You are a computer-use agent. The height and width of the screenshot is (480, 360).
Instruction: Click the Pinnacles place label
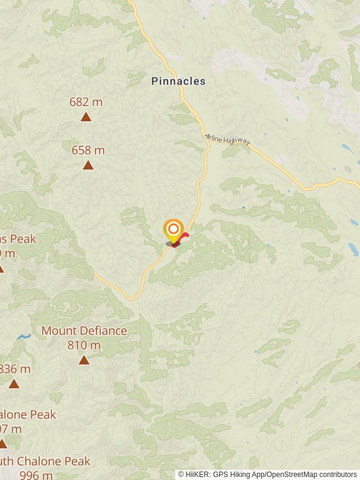click(x=178, y=81)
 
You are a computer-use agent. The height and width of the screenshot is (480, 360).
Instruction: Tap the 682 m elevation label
click(x=86, y=102)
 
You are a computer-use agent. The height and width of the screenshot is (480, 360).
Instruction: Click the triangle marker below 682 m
click(x=86, y=116)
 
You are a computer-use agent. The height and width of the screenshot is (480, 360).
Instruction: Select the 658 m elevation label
click(x=88, y=150)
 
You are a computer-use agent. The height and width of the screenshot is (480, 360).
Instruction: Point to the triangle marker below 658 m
click(x=88, y=165)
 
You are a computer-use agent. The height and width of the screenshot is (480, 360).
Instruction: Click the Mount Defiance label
click(x=84, y=331)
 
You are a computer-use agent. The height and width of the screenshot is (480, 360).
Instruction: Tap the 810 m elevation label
click(x=84, y=345)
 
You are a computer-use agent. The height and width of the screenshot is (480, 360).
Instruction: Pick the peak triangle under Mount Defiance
click(x=84, y=360)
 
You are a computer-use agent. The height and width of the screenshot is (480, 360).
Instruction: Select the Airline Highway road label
click(x=227, y=140)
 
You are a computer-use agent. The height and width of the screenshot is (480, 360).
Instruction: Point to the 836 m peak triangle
click(x=13, y=384)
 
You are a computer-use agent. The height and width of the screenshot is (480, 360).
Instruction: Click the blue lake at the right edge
click(x=353, y=249)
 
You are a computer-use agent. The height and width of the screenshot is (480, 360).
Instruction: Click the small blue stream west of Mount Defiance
click(x=24, y=337)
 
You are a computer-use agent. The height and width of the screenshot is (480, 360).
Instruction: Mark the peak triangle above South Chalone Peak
click(x=2, y=444)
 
